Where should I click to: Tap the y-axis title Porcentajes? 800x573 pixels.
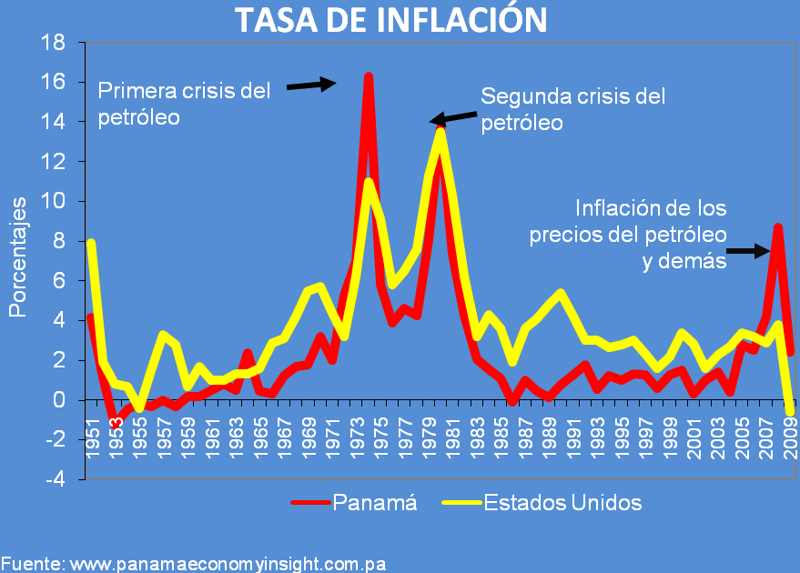[x=17, y=260]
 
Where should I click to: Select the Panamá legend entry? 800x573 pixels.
[x=354, y=503]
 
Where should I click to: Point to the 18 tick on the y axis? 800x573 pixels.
[x=54, y=42]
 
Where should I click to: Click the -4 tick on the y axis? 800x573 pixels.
[x=54, y=479]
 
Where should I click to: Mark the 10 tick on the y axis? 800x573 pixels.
[x=54, y=201]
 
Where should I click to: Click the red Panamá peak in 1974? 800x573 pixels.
[x=368, y=76]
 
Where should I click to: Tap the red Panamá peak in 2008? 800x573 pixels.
[x=777, y=227]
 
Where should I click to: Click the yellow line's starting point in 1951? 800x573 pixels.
[x=91, y=243]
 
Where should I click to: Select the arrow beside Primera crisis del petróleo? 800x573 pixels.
[x=311, y=85]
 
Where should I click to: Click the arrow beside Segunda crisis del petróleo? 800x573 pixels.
[x=453, y=117]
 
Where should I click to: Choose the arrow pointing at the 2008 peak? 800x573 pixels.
[x=749, y=251]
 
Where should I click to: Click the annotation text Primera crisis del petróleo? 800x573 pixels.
[x=184, y=104]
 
